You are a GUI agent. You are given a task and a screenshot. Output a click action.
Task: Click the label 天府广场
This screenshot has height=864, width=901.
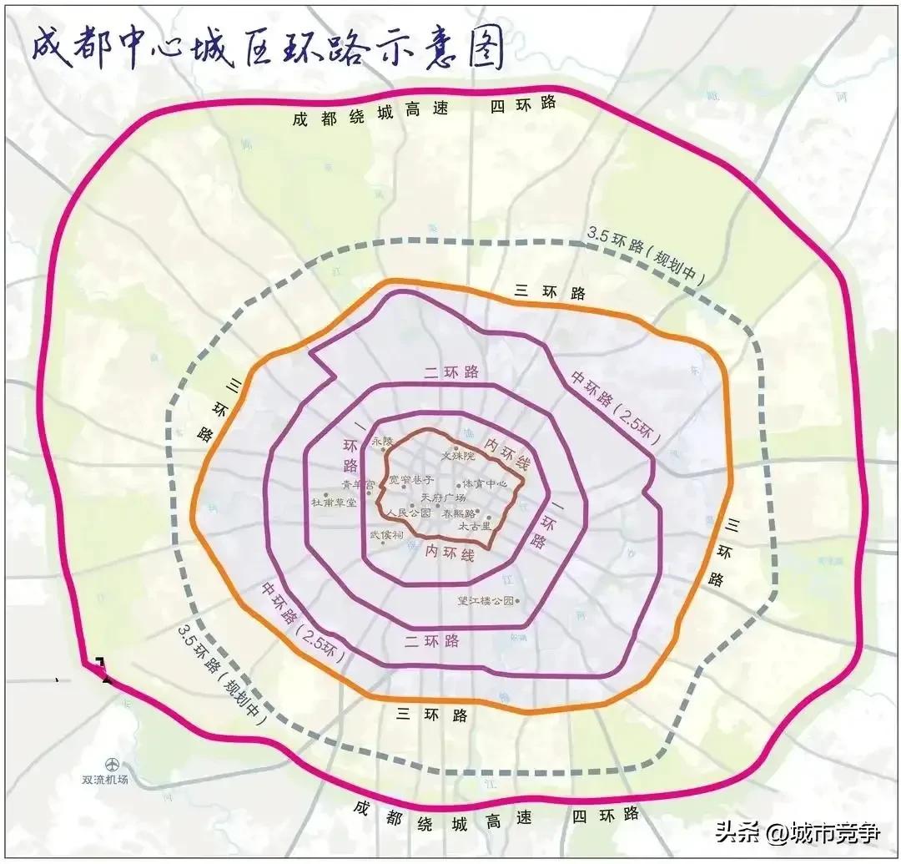coord(443,498)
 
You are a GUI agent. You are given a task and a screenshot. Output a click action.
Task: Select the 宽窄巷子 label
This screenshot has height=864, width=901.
coord(411,480)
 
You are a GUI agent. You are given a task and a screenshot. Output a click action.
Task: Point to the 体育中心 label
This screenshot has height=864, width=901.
coord(491,483)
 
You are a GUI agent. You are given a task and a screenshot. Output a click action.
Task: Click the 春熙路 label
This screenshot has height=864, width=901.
coord(459,513)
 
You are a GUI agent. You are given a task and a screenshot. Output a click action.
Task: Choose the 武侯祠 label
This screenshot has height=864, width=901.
coord(386,534)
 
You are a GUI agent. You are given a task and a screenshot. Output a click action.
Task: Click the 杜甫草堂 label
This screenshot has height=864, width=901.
coord(334,503)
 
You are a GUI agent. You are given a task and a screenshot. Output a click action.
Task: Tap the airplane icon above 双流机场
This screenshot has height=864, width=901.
coord(112,763)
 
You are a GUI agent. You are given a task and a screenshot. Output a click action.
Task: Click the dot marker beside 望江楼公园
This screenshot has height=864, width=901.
coord(519,599)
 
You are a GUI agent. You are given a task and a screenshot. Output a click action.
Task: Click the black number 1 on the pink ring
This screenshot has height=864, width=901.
coord(103,670)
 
